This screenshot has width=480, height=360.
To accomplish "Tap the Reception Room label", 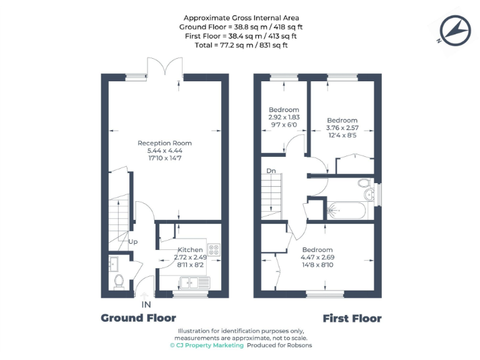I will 164,143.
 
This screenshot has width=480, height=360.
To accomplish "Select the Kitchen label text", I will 190,250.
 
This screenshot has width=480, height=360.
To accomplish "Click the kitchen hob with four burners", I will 214,249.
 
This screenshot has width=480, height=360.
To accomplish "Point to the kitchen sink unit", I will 193,282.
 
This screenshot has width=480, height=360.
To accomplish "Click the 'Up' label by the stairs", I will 132,242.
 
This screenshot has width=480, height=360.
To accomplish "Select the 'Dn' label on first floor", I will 271,170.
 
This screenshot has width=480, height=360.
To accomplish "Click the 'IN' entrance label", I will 146,304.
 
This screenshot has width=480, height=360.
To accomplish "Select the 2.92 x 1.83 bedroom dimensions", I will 284,117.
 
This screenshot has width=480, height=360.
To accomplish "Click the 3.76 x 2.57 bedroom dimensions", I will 342,127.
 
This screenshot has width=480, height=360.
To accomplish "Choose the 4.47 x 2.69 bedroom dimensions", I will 316,257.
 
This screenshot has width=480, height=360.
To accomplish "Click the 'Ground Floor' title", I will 138,318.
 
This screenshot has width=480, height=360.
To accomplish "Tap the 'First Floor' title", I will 352,319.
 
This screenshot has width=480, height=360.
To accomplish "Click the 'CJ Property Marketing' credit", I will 206,345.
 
